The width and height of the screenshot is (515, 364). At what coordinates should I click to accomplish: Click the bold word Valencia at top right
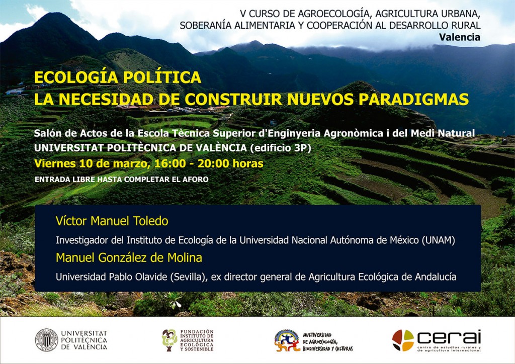(x=460, y=37)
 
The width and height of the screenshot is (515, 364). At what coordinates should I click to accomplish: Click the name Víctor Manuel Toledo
(x=112, y=221)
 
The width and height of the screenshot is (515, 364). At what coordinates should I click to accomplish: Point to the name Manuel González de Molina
(x=129, y=257)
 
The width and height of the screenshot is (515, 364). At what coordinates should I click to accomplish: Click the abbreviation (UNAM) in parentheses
(x=439, y=241)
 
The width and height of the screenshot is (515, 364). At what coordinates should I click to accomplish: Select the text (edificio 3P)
(x=280, y=148)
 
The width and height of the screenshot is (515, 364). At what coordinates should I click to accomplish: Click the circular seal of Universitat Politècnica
(x=47, y=340)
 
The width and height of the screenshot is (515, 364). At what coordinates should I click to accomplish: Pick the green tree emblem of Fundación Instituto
(x=169, y=340)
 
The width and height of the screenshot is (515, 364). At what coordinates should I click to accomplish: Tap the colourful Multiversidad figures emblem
(x=287, y=341)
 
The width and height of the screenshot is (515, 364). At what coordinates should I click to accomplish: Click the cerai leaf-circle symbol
(x=403, y=340)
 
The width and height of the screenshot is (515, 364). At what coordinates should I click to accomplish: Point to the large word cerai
(x=449, y=337)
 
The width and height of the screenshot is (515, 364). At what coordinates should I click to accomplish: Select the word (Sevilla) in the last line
(x=189, y=278)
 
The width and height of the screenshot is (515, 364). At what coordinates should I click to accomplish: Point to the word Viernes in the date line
(x=55, y=163)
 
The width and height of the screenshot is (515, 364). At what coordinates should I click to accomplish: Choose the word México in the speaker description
(x=404, y=240)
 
